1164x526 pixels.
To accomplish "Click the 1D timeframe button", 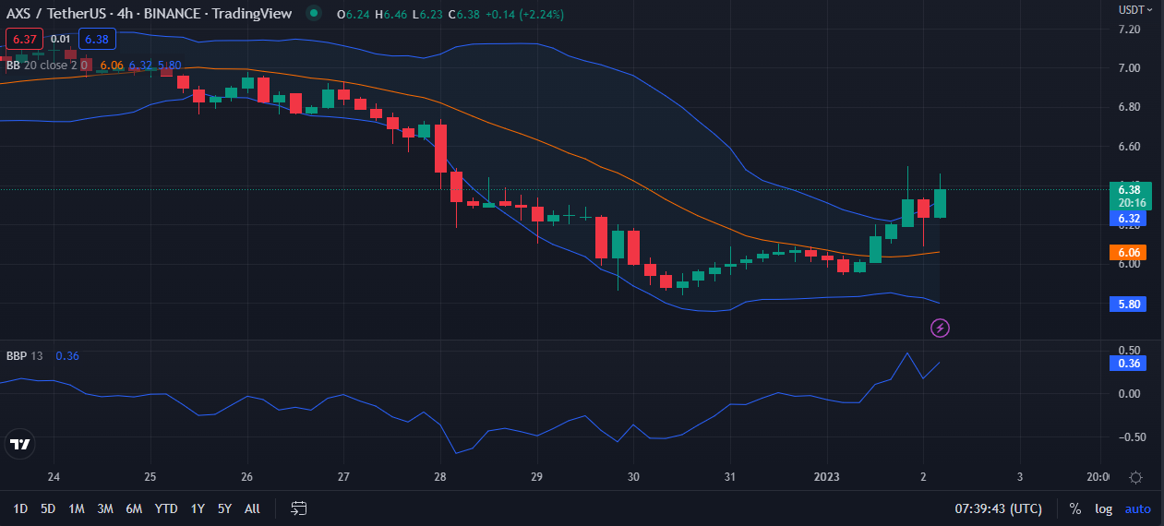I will tap(20, 508).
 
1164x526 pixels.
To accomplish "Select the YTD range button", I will tap(166, 508).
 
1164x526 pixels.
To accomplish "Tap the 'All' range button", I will tap(252, 508).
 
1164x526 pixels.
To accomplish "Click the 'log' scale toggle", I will tap(1103, 508).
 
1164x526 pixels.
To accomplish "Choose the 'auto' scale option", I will tap(1137, 508).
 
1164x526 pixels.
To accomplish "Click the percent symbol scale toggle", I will tap(1074, 508).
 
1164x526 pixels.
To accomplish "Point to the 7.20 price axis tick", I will tap(1129, 30).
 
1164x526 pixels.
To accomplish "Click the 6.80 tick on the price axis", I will tap(1129, 107).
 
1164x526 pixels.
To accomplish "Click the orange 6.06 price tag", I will tap(1126, 252).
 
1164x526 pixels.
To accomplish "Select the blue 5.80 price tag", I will tap(1126, 304).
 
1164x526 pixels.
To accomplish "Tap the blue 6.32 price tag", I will tap(1126, 219).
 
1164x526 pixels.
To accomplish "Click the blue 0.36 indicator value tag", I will tap(1126, 363).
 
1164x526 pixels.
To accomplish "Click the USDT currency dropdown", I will tap(1134, 9).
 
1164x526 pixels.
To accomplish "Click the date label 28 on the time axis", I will tap(439, 477).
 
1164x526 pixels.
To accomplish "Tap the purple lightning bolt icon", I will tap(940, 328).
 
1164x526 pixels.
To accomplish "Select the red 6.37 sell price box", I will tap(24, 39).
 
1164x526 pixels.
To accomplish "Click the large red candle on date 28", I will tap(440, 148).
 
